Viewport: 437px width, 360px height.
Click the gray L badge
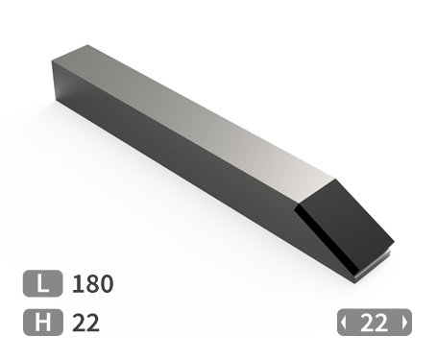coord(42,283)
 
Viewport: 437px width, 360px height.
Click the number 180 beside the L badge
coord(92,284)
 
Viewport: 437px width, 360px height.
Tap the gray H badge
coord(42,323)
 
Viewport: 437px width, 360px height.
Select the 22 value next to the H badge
coord(85,323)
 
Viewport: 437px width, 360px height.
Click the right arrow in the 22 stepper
coord(405,323)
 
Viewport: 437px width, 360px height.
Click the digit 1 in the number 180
coord(77,284)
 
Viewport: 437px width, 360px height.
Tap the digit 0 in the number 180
coord(106,284)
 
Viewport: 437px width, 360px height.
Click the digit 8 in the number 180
coord(91,284)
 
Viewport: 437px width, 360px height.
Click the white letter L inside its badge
coord(42,283)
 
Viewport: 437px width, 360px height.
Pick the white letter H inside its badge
coord(42,323)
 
